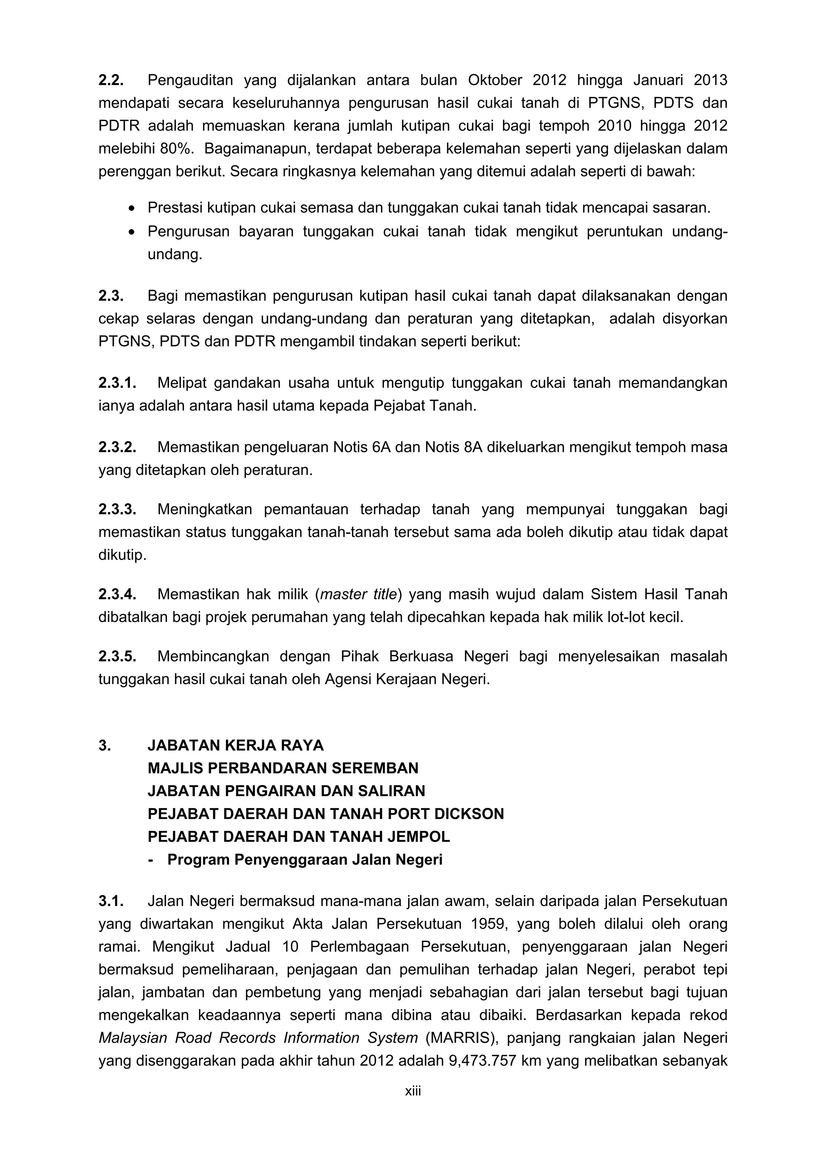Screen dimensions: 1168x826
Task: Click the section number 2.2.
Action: (x=111, y=80)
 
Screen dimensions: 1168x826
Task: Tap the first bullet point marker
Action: (x=132, y=208)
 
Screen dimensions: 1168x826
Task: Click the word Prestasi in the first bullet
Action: (x=171, y=208)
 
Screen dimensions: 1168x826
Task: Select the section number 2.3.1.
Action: (x=117, y=383)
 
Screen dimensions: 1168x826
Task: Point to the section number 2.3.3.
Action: (x=117, y=509)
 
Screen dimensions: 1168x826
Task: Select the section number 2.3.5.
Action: (x=117, y=656)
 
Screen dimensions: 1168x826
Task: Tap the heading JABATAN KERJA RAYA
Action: (x=236, y=745)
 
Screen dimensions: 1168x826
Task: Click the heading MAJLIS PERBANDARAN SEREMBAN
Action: (x=283, y=768)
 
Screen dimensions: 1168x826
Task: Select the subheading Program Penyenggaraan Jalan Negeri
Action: (x=305, y=859)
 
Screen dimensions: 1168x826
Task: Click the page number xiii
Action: (x=413, y=1091)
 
